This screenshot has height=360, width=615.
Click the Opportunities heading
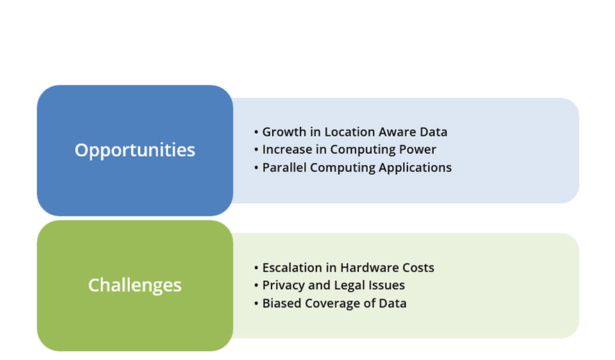pyautogui.click(x=135, y=150)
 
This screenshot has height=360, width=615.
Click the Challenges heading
pyautogui.click(x=135, y=285)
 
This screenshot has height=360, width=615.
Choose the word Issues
pyautogui.click(x=386, y=286)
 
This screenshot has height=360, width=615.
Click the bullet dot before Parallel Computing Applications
pyautogui.click(x=256, y=168)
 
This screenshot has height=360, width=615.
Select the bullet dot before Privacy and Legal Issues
pyautogui.click(x=256, y=286)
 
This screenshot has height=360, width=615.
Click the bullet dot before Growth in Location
pyautogui.click(x=256, y=132)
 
